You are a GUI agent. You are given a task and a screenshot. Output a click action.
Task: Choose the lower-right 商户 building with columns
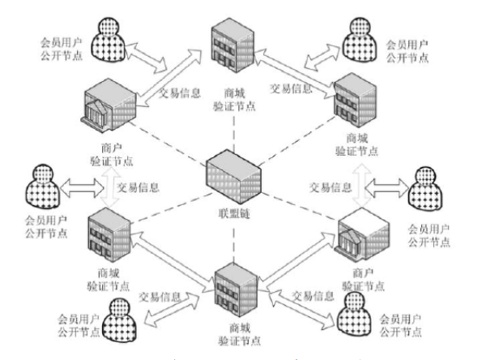tap(358, 235)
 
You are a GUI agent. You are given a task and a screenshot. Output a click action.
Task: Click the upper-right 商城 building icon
tap(356, 100)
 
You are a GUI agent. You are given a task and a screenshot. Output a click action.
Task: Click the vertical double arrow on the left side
tap(106, 188)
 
